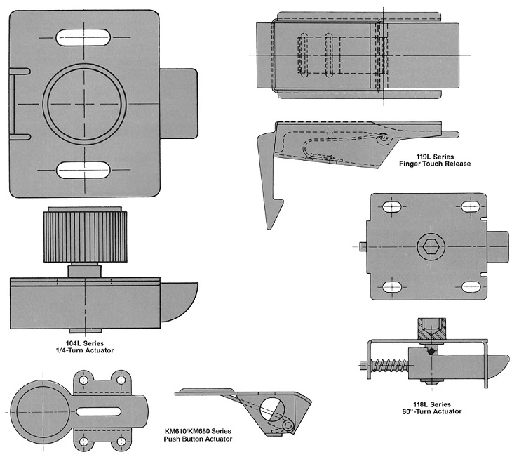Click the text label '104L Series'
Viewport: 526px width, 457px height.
(x=85, y=341)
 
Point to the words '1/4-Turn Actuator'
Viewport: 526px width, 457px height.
(x=85, y=349)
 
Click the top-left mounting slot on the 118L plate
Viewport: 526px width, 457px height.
(x=391, y=207)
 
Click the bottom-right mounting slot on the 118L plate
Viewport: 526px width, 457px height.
(x=469, y=286)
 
